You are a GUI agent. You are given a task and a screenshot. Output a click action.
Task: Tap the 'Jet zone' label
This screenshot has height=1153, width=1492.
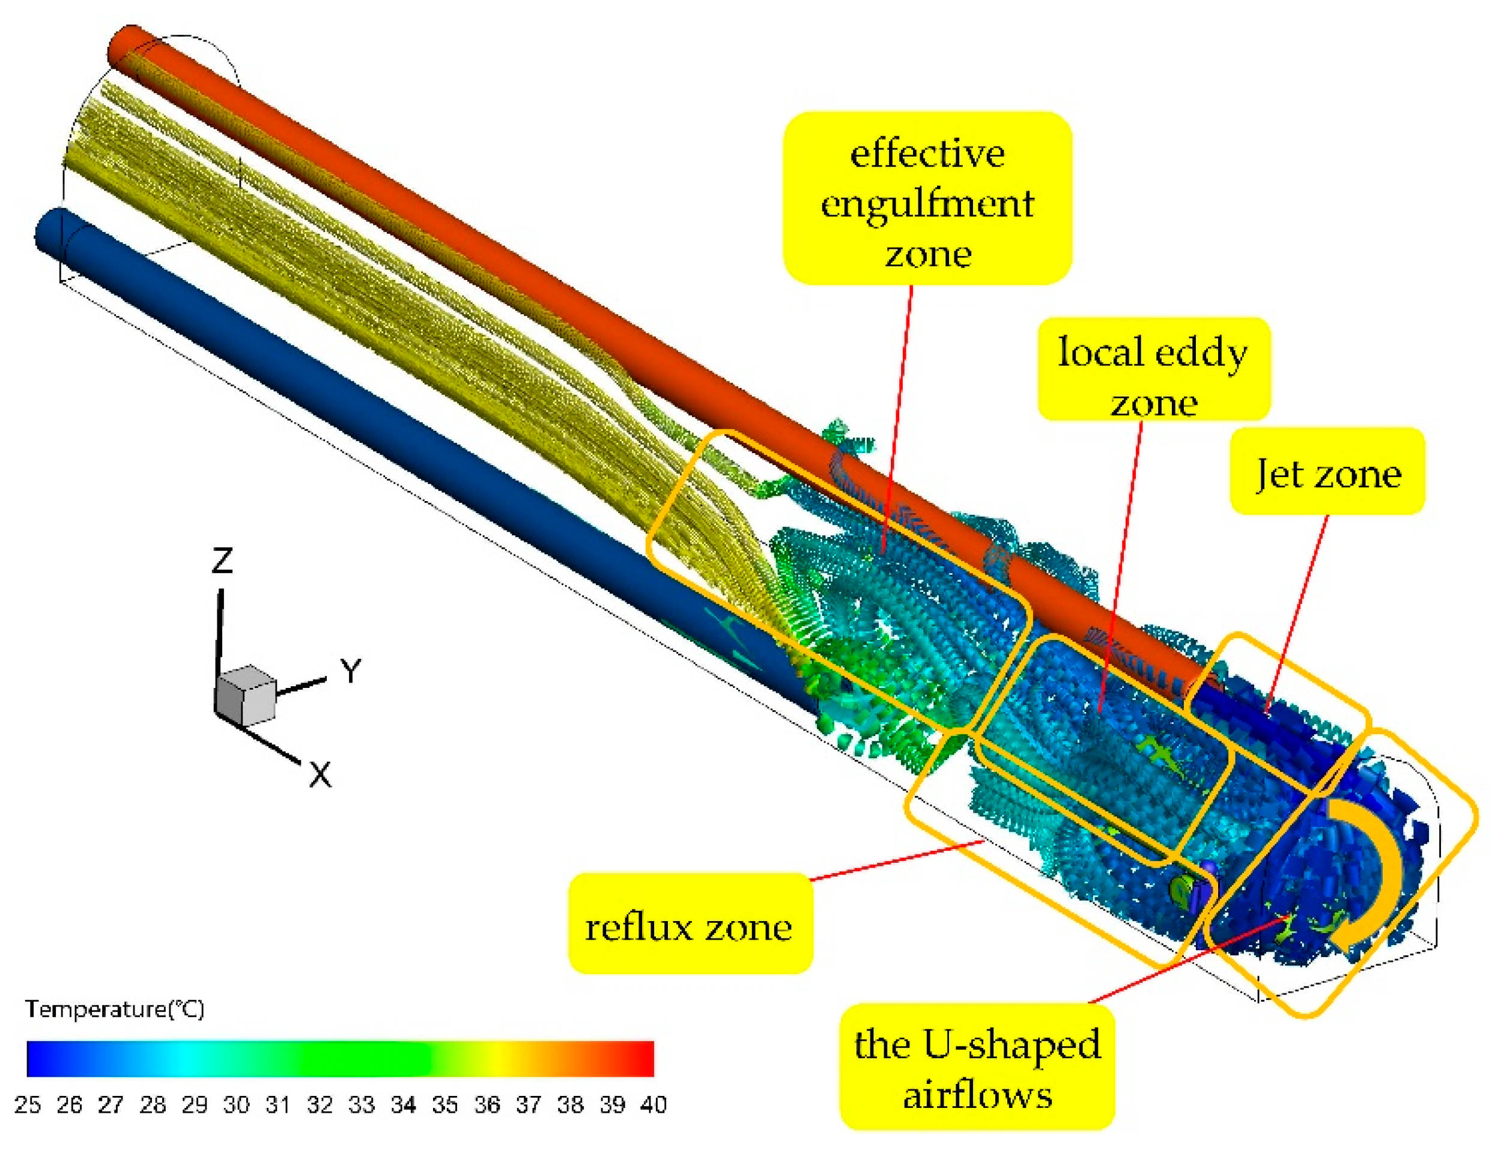coord(1328,472)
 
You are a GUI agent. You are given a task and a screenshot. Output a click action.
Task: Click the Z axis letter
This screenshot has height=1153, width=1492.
coord(222,561)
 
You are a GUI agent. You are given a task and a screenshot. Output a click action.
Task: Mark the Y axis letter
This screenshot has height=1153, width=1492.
coord(350,671)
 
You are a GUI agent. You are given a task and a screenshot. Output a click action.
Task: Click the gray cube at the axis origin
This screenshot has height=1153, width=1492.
coord(246,695)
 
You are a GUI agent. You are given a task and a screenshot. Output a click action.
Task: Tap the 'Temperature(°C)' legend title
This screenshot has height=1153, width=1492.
coord(114,1009)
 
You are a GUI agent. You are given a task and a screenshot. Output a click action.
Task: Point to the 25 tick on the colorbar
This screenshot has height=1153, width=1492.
coord(27,1104)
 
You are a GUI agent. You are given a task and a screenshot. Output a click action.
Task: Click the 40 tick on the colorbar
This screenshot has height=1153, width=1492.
coord(654,1104)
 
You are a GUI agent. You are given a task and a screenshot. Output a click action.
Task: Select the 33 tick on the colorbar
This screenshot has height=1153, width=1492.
coord(362,1104)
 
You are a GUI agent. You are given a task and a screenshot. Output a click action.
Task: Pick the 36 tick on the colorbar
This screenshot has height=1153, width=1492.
coord(487,1104)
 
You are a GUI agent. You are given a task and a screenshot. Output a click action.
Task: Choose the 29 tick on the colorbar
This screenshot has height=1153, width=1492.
coord(195,1104)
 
